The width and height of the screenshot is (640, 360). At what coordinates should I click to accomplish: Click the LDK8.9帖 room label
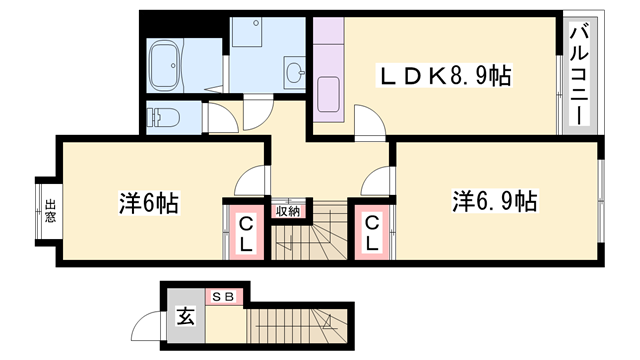click(x=444, y=76)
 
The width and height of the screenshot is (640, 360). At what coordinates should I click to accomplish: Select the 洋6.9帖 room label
click(x=494, y=201)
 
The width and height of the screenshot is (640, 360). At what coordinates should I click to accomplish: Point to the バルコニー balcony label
click(x=579, y=76)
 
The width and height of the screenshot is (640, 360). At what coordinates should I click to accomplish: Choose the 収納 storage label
click(x=288, y=211)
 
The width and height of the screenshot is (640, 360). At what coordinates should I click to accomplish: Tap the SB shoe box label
click(x=222, y=296)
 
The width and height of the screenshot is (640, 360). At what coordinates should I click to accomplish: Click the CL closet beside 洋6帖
click(x=245, y=232)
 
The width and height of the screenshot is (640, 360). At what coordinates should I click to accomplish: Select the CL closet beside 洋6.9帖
click(x=370, y=232)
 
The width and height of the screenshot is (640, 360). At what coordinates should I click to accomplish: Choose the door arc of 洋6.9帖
click(x=378, y=182)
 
